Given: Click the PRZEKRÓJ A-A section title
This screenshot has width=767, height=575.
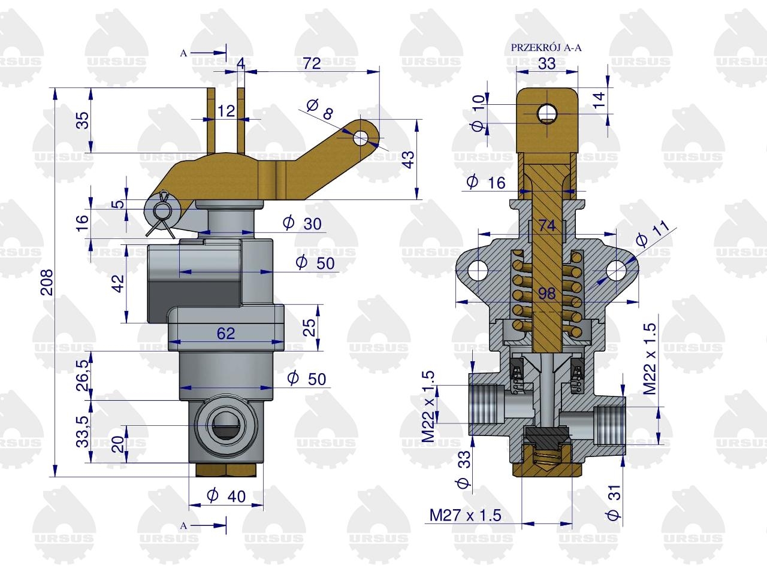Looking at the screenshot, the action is [x=546, y=47].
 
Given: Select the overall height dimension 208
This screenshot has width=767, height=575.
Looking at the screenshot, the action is [x=47, y=283].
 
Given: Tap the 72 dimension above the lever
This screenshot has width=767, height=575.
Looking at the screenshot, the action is [x=312, y=63].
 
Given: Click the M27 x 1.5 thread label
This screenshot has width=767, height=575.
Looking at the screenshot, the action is [x=465, y=515].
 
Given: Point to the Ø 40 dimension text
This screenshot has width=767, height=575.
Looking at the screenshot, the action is [x=226, y=496].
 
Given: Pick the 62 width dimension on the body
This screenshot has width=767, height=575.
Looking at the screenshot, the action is [x=226, y=334].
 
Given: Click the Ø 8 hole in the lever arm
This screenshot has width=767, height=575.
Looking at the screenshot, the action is [x=361, y=138].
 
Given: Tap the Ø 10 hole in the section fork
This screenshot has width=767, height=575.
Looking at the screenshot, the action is [x=547, y=113].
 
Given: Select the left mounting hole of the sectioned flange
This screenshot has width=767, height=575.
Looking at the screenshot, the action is [x=478, y=270].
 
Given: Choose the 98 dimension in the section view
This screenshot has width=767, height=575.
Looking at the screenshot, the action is [x=547, y=293].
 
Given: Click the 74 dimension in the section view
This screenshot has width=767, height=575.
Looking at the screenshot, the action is [x=547, y=226].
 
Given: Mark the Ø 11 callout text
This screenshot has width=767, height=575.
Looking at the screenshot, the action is [x=651, y=235].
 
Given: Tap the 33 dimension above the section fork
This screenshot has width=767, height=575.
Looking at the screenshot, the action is [x=547, y=63].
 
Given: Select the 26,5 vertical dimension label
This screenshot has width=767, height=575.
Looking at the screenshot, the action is [x=83, y=376].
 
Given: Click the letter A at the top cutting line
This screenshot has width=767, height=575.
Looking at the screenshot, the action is [x=183, y=53].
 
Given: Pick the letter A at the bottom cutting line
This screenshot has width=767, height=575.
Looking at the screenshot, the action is [x=183, y=526].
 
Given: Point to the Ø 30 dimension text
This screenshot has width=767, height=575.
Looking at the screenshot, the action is [x=302, y=223].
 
